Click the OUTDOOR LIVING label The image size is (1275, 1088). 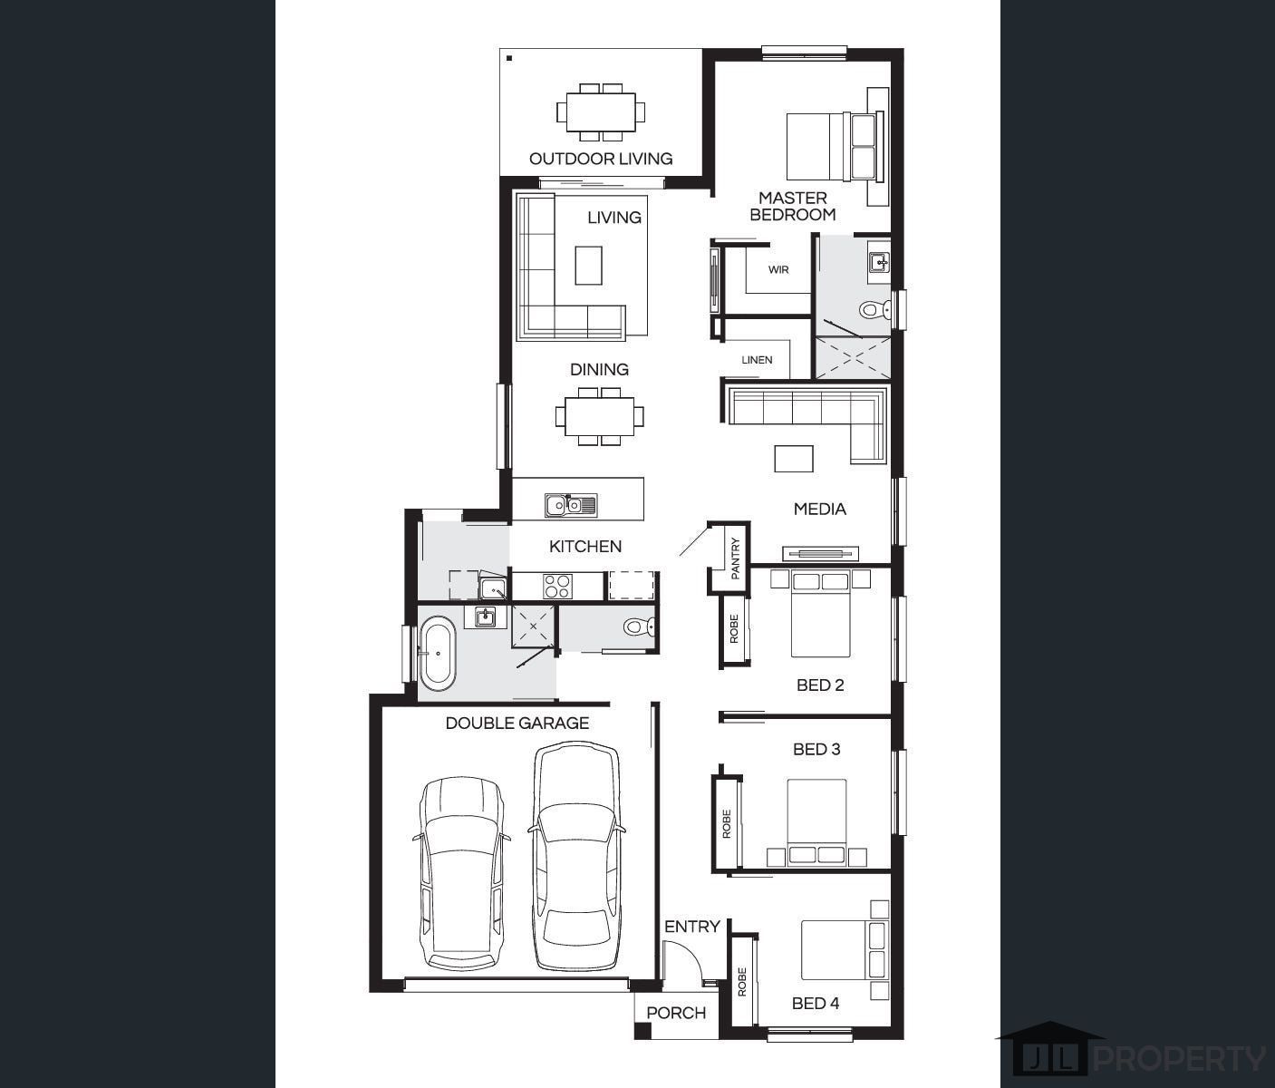[x=601, y=159]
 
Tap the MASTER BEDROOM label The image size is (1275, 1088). [x=793, y=206]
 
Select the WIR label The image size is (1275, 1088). [x=778, y=269]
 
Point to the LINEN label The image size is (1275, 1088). [x=757, y=360]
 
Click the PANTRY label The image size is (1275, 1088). [x=735, y=559]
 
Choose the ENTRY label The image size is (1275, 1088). [x=692, y=927]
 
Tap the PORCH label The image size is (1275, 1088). [x=676, y=1013]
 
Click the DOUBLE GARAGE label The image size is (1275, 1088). [x=517, y=723]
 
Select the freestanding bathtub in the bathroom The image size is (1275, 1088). [x=438, y=653]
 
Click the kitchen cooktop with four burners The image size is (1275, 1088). [x=557, y=586]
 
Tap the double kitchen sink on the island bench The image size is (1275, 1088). [x=571, y=505]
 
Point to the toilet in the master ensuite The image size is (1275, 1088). [x=875, y=308]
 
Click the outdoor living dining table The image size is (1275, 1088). [x=601, y=112]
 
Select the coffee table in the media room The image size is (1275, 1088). [x=794, y=459]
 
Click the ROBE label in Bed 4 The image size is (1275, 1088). [x=742, y=982]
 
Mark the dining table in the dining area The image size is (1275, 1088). [x=600, y=416]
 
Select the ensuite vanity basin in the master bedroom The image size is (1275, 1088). [x=878, y=262]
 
